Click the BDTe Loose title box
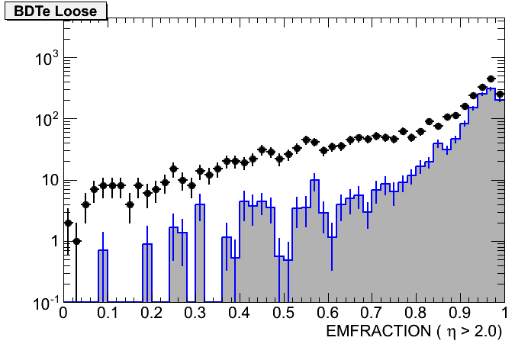pos(56,11)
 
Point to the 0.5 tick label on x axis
pos(284,313)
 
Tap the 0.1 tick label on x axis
pos(107,313)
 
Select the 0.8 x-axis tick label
pos(417,313)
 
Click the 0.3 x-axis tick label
pos(195,313)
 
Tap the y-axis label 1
pos(53,242)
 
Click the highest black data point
pos(491,79)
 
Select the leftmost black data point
pos(68,223)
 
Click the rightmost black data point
pos(500,95)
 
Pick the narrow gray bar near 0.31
pos(200,253)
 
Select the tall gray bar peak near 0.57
pos(314,241)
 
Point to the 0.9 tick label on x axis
pos(461,313)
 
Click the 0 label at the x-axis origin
pos(64,313)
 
